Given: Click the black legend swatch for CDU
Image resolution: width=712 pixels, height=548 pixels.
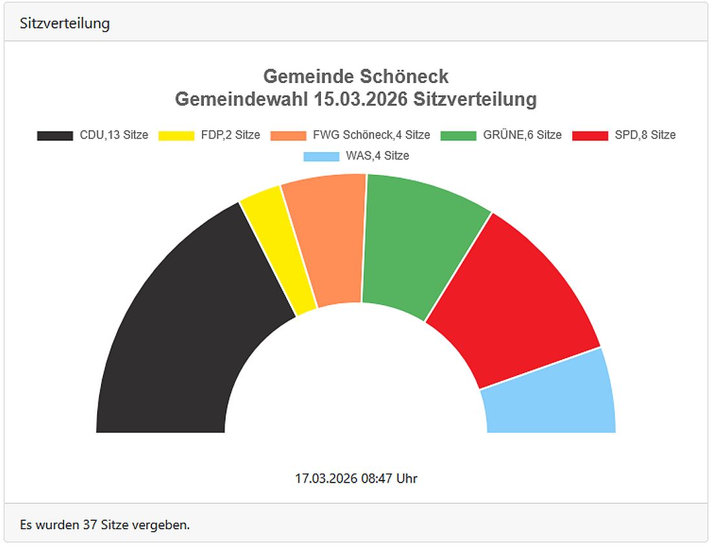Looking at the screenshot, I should pos(55,135).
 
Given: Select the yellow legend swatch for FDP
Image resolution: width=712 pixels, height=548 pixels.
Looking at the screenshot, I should pos(176,135).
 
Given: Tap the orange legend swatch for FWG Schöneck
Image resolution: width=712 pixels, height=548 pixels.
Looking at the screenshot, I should pos(288,135).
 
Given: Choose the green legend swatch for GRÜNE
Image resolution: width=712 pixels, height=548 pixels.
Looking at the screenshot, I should pos(458,135).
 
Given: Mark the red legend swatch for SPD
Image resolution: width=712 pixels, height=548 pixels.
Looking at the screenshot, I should pos(590,135).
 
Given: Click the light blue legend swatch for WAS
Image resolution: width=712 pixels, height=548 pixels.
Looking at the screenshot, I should pos(321,156).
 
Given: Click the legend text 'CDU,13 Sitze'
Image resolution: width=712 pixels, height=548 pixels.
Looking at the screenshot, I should pos(114,135).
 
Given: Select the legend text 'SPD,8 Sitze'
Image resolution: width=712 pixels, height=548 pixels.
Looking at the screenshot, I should pos(645,135).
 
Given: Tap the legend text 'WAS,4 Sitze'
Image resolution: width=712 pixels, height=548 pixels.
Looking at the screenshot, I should pos(377,156).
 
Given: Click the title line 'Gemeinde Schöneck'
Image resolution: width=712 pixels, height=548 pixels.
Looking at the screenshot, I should pos(356,76).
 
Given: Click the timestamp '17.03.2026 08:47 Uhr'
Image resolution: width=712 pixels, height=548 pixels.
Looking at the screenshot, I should pos(356,479).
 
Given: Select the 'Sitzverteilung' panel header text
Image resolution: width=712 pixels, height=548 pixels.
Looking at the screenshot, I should pos(65,23).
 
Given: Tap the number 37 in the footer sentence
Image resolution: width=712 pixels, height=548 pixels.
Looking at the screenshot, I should pos(90,525).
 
